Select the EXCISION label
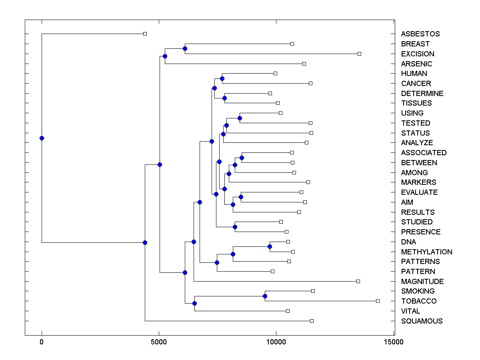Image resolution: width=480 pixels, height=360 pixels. tap(418, 54)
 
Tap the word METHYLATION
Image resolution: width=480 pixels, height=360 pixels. tap(426, 252)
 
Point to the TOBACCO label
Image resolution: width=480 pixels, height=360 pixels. tap(419, 301)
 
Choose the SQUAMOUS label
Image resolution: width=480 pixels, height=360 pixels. tap(422, 321)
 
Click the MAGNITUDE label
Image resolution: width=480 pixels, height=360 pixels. tap(422, 282)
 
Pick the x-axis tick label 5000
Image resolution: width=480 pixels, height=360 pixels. tap(159, 342)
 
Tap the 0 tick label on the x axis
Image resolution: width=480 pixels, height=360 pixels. tap(42, 342)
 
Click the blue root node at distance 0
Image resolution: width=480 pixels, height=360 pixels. tap(42, 138)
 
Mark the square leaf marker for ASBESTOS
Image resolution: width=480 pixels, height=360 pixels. tap(145, 34)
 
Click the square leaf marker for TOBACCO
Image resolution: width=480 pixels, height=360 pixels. tap(378, 301)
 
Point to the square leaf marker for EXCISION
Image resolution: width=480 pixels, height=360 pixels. tap(359, 54)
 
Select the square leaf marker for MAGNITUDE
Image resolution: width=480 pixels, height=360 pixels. tap(358, 281)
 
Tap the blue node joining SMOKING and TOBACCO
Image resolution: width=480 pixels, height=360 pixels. tap(265, 296)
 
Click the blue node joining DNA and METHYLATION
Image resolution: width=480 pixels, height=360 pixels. tap(270, 247)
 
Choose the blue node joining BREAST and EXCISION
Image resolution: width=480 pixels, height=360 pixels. tap(185, 49)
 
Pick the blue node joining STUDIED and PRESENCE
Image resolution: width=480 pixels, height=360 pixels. tap(235, 227)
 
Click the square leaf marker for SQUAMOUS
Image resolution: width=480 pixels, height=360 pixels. tap(312, 321)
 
